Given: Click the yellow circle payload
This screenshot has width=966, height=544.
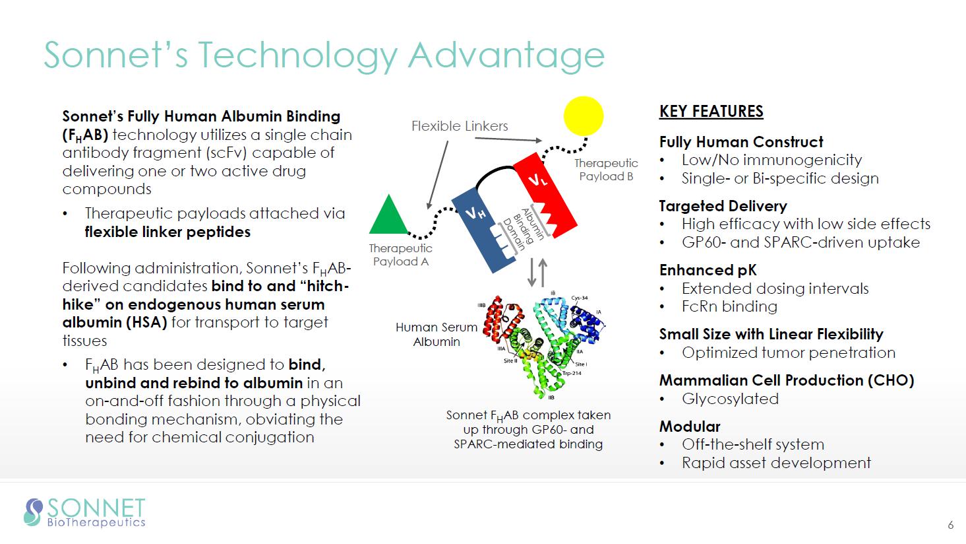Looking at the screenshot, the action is tap(584, 116).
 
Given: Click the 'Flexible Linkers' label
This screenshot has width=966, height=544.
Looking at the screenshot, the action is tap(460, 126).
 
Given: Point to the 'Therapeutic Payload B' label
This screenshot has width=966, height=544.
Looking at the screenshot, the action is tap(606, 170).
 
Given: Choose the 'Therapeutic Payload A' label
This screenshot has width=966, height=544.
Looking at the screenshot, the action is tap(401, 255).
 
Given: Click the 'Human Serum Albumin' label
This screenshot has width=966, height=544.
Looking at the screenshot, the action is tap(437, 334).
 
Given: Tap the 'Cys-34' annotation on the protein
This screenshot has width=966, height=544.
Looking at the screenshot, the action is tap(580, 298).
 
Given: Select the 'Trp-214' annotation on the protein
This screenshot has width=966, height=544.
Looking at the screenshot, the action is tap(572, 373).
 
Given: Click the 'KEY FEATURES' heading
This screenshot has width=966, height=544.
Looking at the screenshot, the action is tap(711, 112).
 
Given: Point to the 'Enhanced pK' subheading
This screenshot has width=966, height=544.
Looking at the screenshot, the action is tap(708, 270).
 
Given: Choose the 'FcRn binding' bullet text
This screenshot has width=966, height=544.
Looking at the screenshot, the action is tap(730, 306).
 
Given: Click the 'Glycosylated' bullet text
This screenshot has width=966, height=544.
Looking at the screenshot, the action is tap(730, 399).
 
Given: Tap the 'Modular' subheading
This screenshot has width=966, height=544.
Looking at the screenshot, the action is tap(690, 426).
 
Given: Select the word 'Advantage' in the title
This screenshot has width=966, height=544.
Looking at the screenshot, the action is tap(506, 56).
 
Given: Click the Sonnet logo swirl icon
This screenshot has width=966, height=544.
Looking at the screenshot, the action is tap(34, 512).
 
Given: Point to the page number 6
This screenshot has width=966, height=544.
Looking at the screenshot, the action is tap(950, 525).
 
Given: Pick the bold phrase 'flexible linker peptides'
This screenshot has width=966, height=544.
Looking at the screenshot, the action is tap(167, 232).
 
